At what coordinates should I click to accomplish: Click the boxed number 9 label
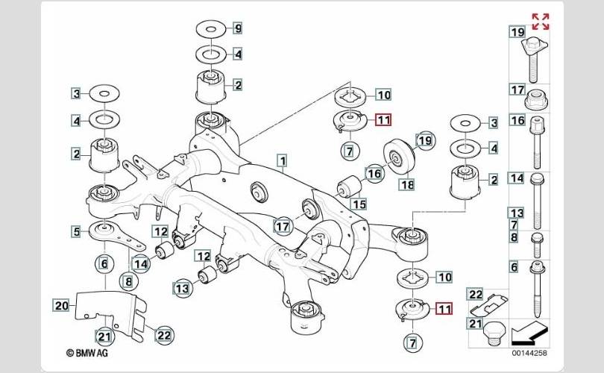(238, 29)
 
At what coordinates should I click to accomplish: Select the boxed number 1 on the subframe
(282, 160)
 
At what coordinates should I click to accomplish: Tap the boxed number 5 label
(76, 232)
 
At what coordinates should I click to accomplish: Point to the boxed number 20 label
(61, 304)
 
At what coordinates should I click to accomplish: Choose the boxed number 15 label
(359, 204)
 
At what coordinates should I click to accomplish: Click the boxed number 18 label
(406, 184)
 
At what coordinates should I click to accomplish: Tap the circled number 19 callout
(424, 140)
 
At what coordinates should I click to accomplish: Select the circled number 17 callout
(282, 225)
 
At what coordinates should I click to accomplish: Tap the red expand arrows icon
(540, 21)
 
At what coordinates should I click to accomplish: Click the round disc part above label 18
(400, 154)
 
